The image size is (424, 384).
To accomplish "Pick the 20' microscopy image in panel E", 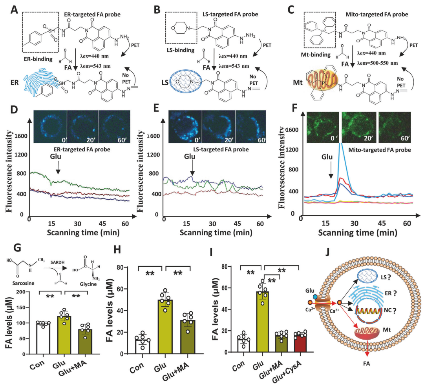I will [x=218, y=126].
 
